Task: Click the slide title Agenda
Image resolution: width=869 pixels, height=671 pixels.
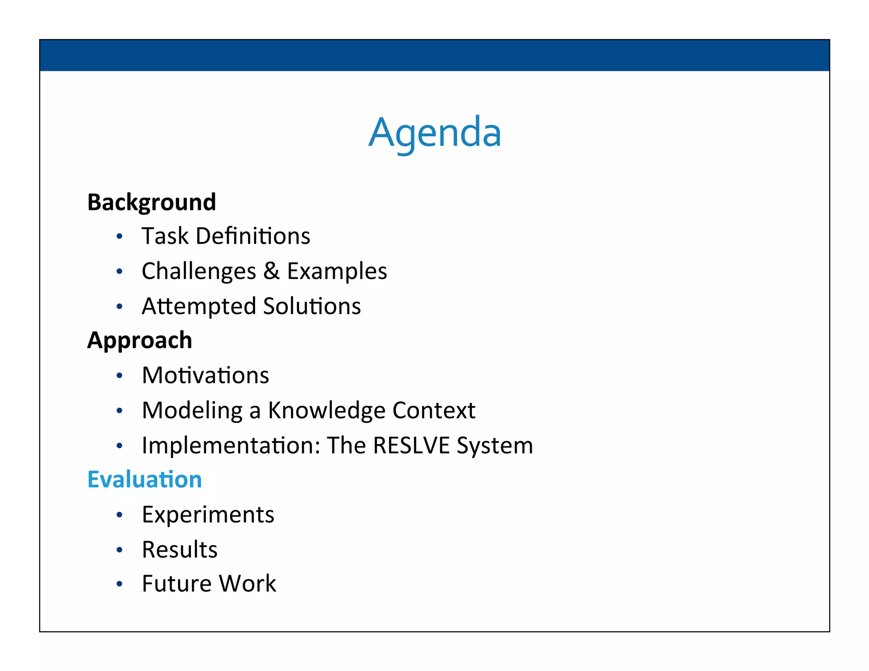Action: [x=434, y=132]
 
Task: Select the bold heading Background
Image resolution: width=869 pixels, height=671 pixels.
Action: [x=151, y=202]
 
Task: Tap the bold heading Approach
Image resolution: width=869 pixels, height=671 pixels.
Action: [x=140, y=340]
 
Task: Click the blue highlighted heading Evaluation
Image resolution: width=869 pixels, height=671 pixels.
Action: [x=144, y=479]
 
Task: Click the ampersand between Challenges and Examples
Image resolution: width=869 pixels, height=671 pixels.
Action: [x=271, y=271]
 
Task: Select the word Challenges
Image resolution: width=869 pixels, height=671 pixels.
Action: [x=199, y=271]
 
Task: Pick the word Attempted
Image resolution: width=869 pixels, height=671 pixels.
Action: [x=199, y=306]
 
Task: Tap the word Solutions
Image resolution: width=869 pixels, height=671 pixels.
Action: [x=312, y=306]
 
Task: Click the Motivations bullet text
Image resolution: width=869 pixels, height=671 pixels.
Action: [x=205, y=375]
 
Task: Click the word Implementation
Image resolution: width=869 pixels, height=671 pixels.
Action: [x=231, y=445]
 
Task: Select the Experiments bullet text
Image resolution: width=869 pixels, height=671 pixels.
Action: [x=208, y=515]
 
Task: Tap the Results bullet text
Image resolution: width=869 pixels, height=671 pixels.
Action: [x=179, y=550]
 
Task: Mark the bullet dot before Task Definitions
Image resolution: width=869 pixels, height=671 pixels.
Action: [x=120, y=236]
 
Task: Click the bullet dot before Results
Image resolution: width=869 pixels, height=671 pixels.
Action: [x=120, y=550]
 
